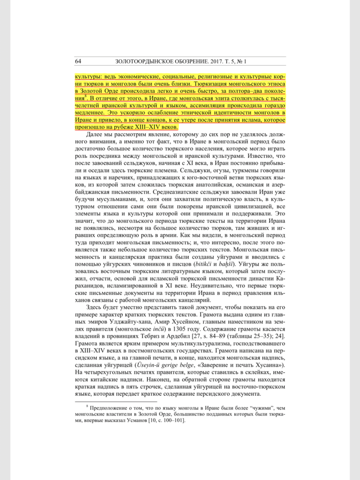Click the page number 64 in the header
coord(78,61)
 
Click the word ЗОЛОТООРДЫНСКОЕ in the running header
coord(140,61)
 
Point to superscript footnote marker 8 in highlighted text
coord(85,97)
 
